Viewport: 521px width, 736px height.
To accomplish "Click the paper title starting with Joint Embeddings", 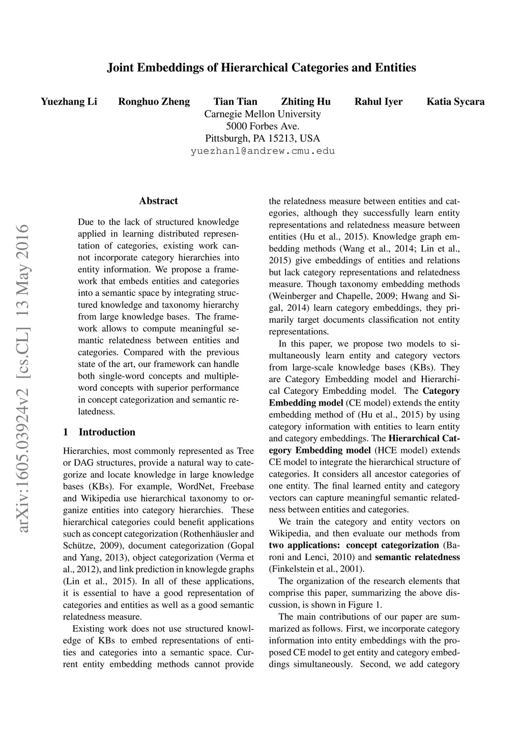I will [262, 68].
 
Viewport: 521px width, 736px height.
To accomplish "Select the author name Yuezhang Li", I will [69, 102].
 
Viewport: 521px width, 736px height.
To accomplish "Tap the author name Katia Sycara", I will [455, 102].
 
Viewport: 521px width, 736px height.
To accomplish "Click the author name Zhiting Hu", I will [306, 102].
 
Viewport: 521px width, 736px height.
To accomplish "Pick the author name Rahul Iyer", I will [379, 102].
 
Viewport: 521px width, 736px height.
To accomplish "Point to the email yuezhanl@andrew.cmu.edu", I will [263, 151].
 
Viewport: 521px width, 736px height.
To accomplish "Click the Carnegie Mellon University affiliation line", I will [263, 114].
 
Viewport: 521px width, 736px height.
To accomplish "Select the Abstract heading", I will [158, 201].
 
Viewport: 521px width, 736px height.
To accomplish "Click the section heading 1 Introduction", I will [100, 433].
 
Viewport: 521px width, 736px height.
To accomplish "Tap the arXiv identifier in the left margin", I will [23, 378].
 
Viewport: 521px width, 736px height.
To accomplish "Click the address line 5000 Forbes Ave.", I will [263, 126].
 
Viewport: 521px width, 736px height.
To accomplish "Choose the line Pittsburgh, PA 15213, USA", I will [263, 138].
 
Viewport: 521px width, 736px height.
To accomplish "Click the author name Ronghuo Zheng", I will [154, 102].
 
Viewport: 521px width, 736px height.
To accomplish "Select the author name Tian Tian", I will [235, 102].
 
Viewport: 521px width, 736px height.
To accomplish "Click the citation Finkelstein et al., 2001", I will [315, 569].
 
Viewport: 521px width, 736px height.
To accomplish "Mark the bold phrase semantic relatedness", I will [417, 558].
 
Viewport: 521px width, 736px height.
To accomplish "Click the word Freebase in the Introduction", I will [237, 486].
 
